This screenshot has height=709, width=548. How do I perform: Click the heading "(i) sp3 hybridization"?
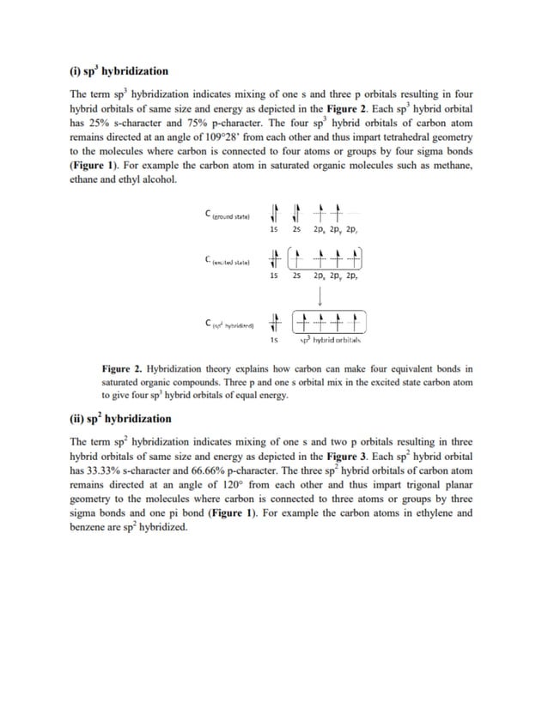click(x=119, y=70)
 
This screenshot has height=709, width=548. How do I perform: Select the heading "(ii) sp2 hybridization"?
click(x=120, y=419)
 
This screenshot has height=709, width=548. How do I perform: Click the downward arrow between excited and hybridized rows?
click(x=320, y=296)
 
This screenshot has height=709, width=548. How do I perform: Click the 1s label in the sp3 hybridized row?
click(x=273, y=341)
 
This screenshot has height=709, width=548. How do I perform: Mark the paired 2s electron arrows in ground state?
click(x=296, y=211)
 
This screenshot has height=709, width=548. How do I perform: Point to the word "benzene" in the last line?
click(x=89, y=527)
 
